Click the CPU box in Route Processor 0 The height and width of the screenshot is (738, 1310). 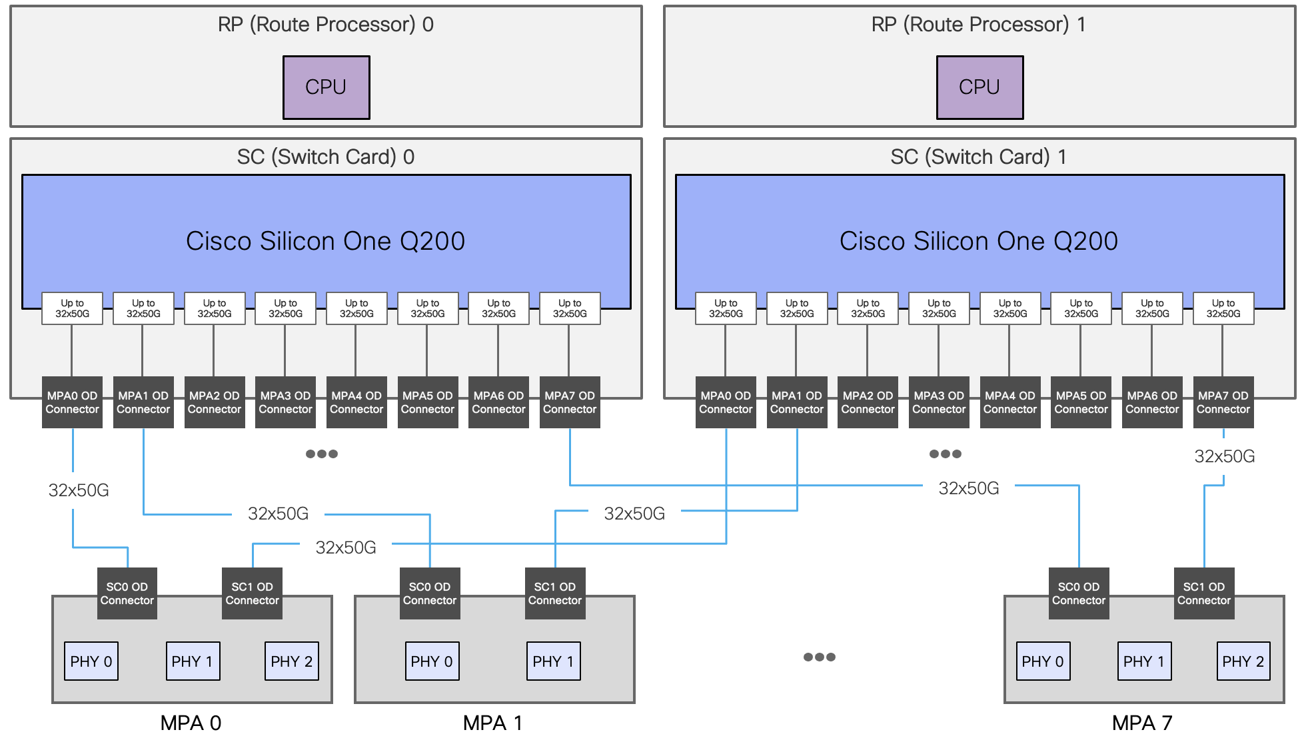(326, 87)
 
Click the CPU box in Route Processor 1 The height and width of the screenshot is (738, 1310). (979, 87)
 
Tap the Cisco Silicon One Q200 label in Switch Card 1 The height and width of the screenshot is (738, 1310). (978, 241)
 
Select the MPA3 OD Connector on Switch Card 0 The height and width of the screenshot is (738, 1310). (285, 402)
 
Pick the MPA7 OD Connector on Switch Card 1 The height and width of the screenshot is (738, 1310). (1223, 402)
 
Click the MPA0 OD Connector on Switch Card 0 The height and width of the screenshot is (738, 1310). (72, 402)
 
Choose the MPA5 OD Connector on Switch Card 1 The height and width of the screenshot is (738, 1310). (1081, 402)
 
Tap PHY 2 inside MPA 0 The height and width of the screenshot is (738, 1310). (291, 661)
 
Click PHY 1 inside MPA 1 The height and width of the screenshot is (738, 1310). (553, 661)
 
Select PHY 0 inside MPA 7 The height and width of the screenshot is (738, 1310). (1043, 661)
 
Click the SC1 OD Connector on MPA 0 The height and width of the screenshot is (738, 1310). (252, 593)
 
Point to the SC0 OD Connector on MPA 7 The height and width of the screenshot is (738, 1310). (1078, 593)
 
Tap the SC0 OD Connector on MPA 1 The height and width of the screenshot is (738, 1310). (429, 593)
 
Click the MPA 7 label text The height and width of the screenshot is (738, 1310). (1142, 723)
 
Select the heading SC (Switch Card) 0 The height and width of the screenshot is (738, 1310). (325, 157)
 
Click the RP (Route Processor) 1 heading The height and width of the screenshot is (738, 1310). (978, 25)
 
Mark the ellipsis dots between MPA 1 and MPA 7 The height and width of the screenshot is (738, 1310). (819, 657)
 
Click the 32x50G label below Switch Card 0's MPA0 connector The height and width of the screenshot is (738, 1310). (79, 491)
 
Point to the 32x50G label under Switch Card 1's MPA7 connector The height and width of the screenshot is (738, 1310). (1224, 457)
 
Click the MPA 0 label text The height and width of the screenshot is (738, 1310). (191, 723)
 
